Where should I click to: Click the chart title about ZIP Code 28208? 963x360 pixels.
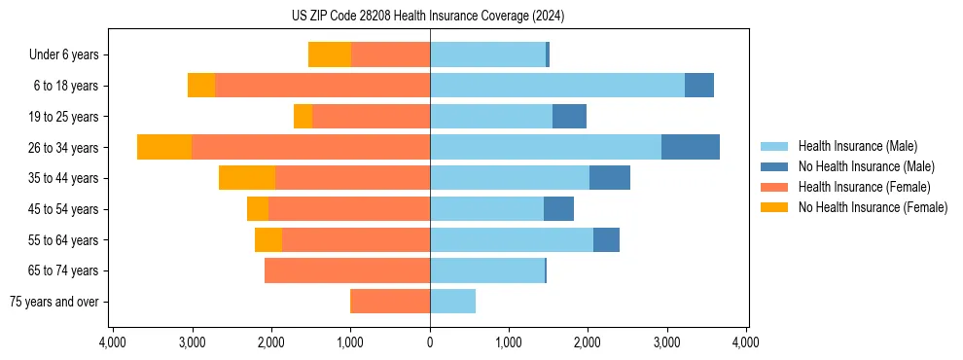coord(429,17)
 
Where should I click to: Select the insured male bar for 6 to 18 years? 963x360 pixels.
coord(557,86)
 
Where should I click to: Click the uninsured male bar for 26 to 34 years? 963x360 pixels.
coord(691,147)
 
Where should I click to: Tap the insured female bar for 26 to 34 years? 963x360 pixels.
coord(310,147)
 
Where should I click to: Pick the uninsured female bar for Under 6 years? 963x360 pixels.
coord(330,55)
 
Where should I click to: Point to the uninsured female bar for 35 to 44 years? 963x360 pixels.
coord(247,178)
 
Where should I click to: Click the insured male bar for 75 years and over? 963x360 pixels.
coord(452,302)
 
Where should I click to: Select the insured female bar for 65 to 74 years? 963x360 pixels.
coord(347,270)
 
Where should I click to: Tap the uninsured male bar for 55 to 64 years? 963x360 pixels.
coord(606,239)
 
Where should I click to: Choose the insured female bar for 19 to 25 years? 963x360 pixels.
coord(371,117)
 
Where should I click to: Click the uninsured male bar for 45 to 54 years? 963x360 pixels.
coord(558,209)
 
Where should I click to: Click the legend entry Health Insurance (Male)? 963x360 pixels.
coord(857,146)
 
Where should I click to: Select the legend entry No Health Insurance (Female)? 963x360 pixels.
coord(873,207)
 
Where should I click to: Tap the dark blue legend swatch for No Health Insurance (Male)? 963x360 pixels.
coord(774,166)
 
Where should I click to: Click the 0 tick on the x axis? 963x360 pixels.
coord(430,342)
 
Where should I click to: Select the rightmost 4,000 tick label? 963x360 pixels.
coord(746,342)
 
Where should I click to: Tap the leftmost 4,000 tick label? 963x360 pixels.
coord(113,342)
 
